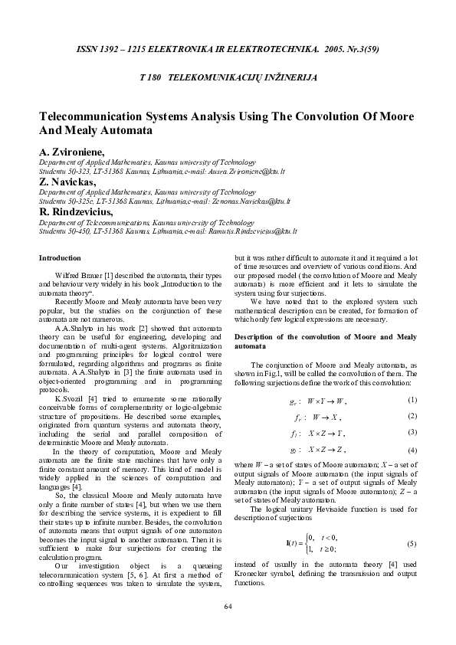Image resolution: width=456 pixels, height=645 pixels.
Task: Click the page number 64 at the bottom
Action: click(x=228, y=607)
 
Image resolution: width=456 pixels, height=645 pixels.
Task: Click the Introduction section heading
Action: click(x=60, y=258)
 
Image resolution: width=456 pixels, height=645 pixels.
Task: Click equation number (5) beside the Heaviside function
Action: click(x=412, y=543)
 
